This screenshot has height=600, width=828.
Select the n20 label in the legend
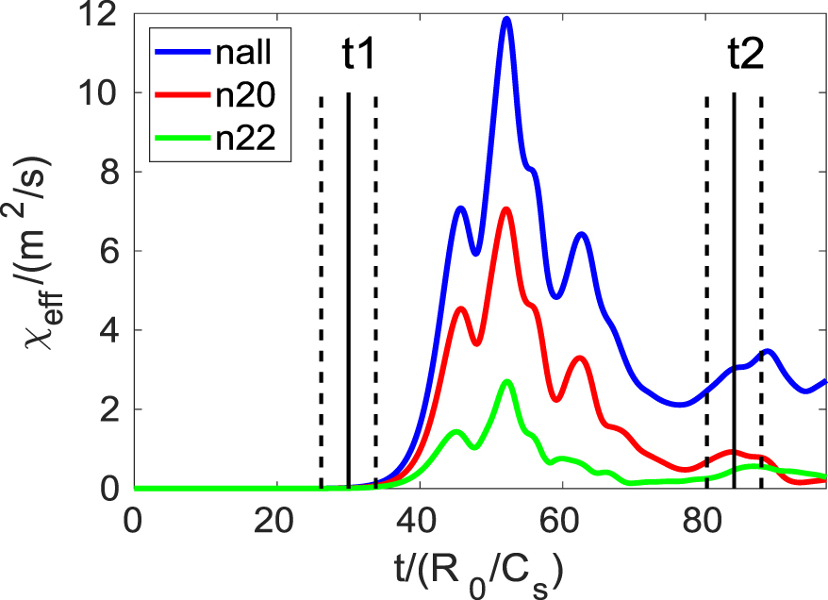pyautogui.click(x=238, y=94)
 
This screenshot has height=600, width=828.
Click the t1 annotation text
pyautogui.click(x=358, y=57)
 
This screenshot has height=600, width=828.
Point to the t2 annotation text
pyautogui.click(x=745, y=57)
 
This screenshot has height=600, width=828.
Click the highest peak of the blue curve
pyautogui.click(x=506, y=18)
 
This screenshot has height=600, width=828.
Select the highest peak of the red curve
pyautogui.click(x=506, y=208)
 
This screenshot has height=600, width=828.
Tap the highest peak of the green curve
pyautogui.click(x=507, y=381)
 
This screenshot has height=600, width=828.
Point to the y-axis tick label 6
pyautogui.click(x=111, y=252)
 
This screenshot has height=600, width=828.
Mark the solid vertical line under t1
pyautogui.click(x=349, y=283)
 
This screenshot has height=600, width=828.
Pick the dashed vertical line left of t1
pyautogui.click(x=321, y=283)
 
